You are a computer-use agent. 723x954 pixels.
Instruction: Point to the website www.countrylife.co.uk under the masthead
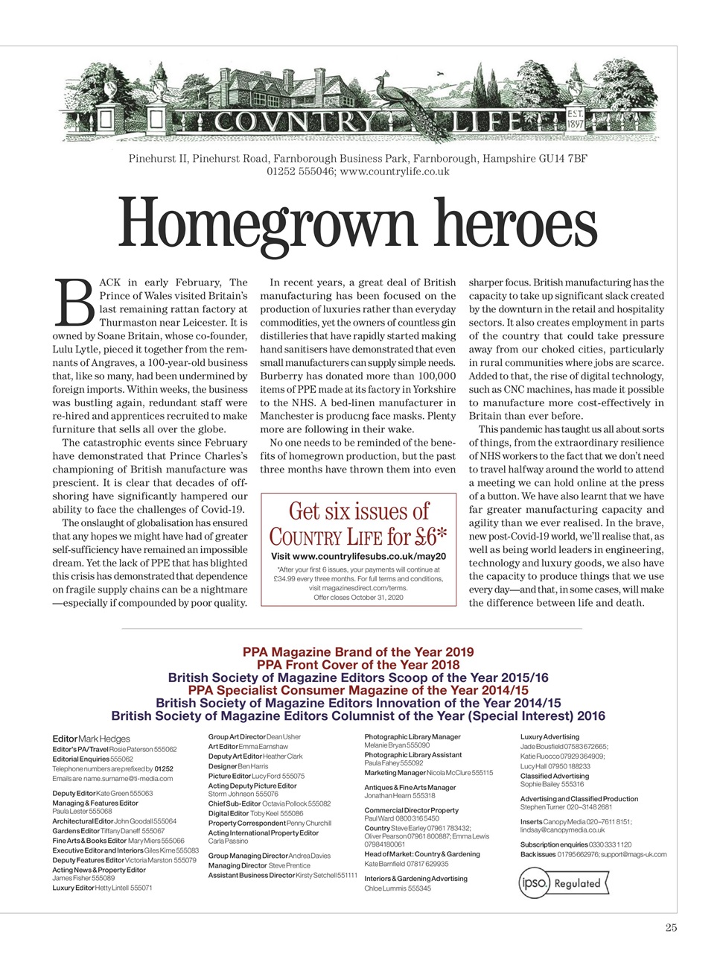click(394, 171)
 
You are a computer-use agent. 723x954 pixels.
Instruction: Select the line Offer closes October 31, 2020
click(358, 597)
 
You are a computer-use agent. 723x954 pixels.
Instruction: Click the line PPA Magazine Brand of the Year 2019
click(358, 652)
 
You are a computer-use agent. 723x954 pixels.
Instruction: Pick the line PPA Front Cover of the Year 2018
click(358, 665)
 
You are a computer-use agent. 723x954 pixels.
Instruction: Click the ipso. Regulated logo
click(564, 883)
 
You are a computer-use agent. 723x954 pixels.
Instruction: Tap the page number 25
click(671, 928)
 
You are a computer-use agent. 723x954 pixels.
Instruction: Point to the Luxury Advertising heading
click(550, 736)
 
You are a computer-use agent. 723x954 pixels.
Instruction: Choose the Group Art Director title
click(237, 736)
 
